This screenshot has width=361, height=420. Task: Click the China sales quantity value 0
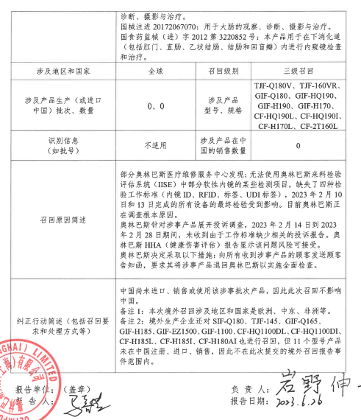click(x=297, y=144)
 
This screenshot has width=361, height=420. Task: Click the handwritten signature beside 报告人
click(x=82, y=405)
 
